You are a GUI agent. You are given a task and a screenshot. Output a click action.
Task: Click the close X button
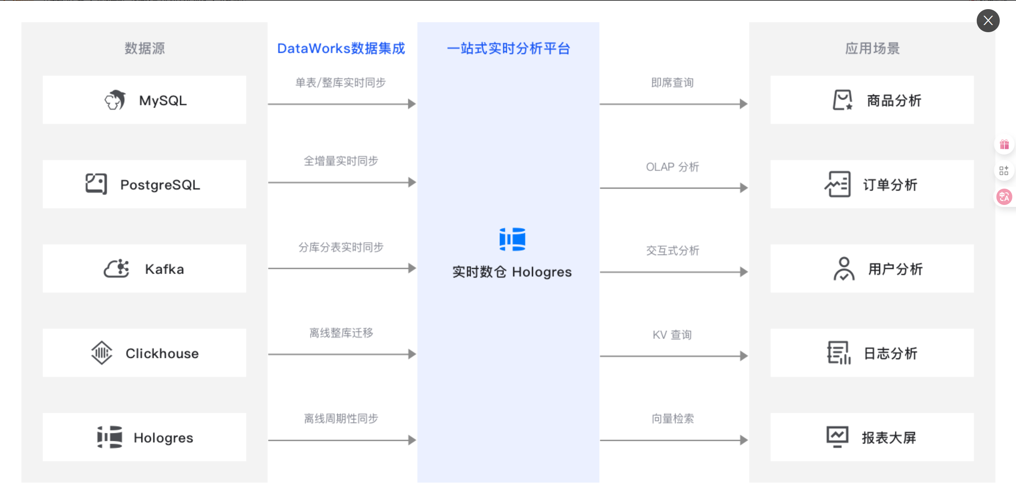(x=988, y=20)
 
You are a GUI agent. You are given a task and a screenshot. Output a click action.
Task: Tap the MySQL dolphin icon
(x=115, y=100)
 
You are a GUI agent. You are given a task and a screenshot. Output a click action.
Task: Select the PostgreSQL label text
(x=160, y=185)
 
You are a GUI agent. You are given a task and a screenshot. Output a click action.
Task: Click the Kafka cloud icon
(x=116, y=269)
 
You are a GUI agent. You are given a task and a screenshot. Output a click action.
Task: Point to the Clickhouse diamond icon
(x=102, y=353)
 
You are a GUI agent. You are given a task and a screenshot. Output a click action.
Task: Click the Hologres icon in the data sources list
(x=110, y=437)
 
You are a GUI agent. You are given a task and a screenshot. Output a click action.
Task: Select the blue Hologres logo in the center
(x=512, y=239)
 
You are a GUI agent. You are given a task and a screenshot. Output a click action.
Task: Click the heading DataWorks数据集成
(x=341, y=48)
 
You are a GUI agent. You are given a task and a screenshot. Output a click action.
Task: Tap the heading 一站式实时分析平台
(x=508, y=48)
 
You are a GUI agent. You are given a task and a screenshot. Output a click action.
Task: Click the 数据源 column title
(x=145, y=48)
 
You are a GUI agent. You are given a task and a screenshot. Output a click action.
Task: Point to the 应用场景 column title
(x=872, y=48)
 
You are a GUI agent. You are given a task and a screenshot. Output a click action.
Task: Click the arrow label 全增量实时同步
(x=341, y=161)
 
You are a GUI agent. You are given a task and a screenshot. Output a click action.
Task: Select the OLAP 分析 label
(x=672, y=167)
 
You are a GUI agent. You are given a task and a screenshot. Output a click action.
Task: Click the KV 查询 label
(x=672, y=335)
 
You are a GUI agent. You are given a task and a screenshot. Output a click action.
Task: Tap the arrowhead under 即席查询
(x=743, y=104)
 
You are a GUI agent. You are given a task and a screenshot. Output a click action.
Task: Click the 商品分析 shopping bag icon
(x=843, y=100)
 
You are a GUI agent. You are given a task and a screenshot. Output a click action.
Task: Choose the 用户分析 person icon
(x=844, y=269)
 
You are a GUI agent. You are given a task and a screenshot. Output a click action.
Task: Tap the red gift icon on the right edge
(x=1004, y=145)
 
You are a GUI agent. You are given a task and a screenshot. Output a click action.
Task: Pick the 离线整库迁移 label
(x=341, y=332)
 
